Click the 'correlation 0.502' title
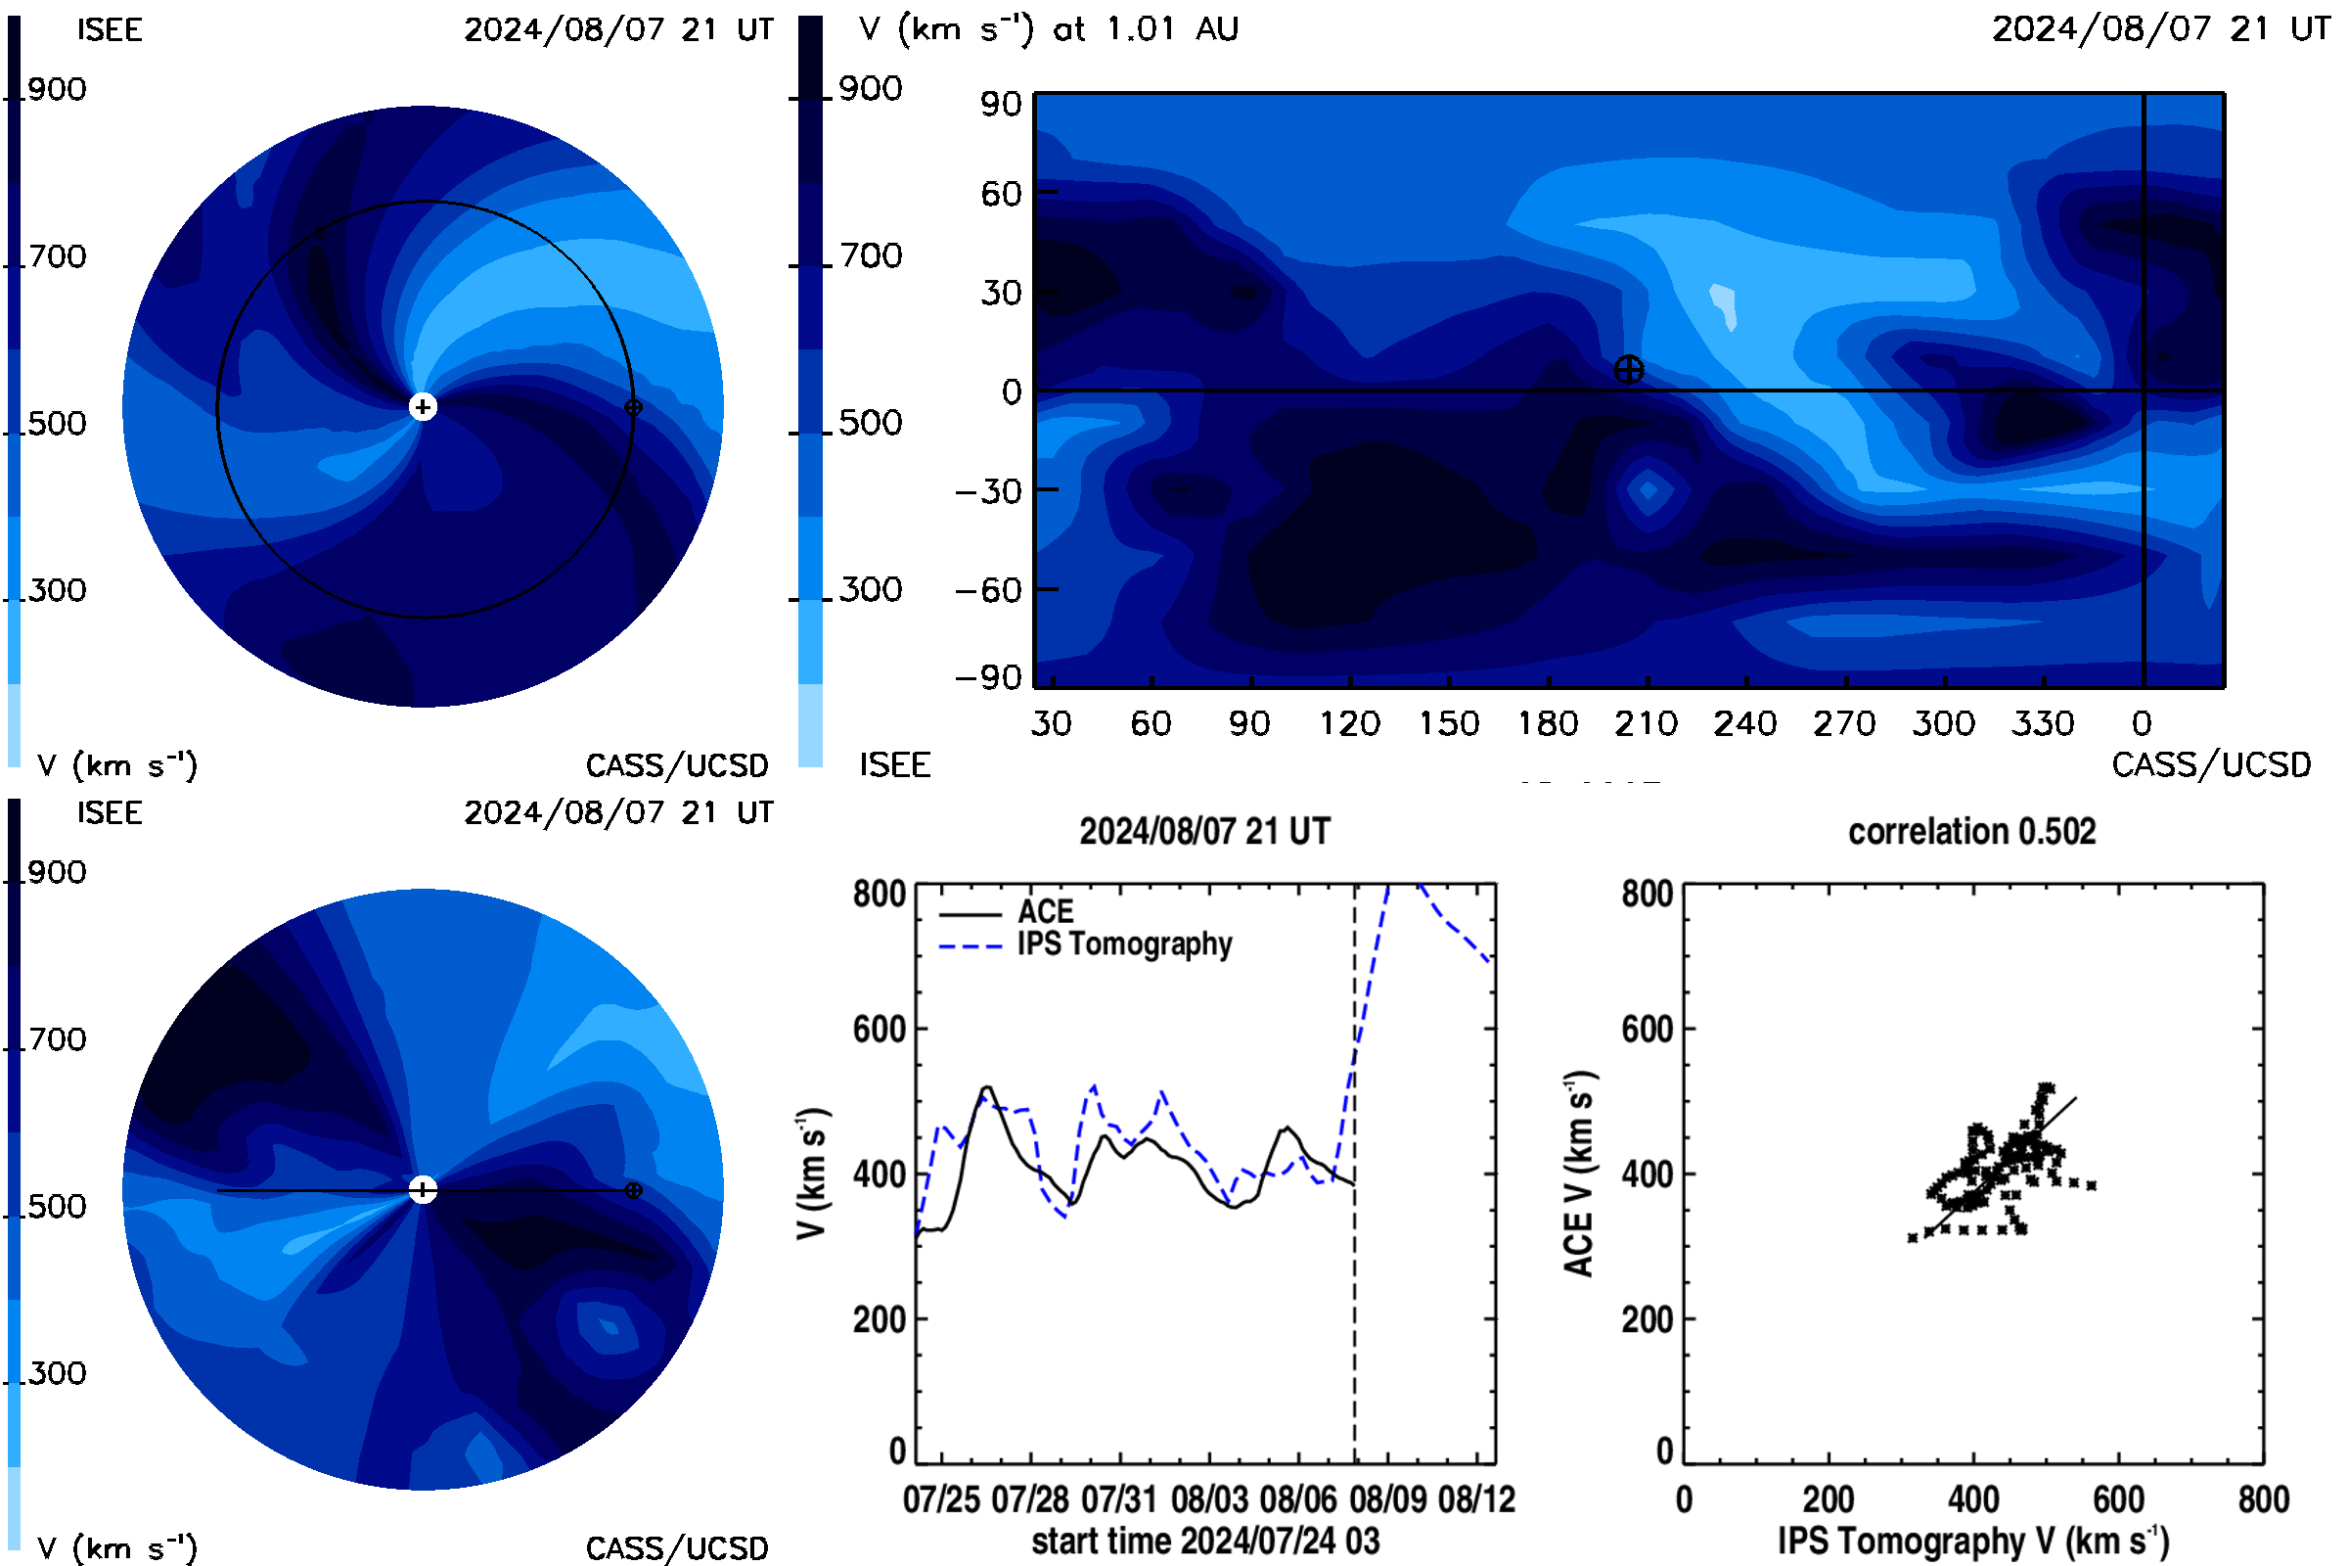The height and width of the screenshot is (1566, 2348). point(1971,832)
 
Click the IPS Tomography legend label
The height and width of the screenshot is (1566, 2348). point(1125,944)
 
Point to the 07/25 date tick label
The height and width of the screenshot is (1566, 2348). point(941,1499)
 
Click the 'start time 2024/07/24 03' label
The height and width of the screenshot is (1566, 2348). point(1205,1541)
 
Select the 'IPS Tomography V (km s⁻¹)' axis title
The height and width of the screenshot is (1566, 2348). point(1972,1541)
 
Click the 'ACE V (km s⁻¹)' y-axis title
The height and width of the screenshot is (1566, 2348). point(1580,1174)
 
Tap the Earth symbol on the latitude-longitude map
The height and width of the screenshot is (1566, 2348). point(1628,371)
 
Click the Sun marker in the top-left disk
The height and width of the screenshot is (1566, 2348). point(424,406)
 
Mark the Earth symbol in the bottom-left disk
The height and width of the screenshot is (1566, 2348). point(633,1190)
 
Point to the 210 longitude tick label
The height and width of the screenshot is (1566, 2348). point(1647,723)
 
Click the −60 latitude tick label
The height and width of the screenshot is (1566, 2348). point(988,590)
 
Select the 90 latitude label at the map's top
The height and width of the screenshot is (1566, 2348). point(1000,104)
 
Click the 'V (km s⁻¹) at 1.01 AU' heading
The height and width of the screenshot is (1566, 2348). point(1049,28)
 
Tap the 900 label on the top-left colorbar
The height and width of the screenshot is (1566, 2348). point(57,89)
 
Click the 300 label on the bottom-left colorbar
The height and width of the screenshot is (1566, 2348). point(57,1373)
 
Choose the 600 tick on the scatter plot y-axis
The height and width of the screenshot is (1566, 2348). point(1648,1029)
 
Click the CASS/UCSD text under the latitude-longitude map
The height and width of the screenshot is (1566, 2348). point(2211,765)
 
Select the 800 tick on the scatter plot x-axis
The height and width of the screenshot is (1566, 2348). point(2263,1499)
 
